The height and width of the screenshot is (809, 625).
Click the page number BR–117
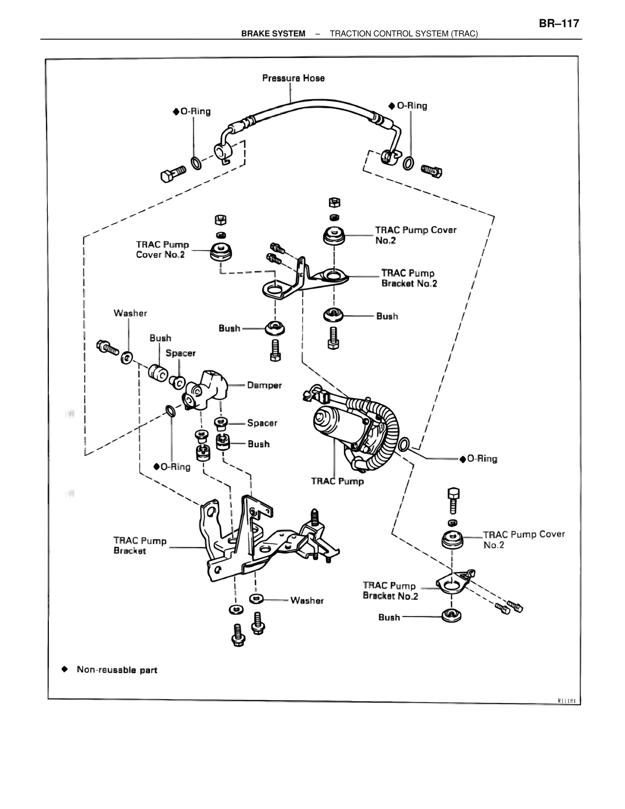point(559,23)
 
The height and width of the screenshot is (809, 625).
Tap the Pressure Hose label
point(293,78)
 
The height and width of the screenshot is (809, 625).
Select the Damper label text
point(264,385)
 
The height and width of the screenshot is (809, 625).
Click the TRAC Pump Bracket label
point(140,546)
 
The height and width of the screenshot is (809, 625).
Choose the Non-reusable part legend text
point(117,670)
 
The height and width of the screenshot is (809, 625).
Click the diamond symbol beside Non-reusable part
point(64,669)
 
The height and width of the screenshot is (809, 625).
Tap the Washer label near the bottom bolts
point(307,600)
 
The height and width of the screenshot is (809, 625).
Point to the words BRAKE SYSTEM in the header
point(273,34)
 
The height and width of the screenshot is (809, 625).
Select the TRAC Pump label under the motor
point(337,481)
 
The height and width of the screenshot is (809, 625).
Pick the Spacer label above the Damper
point(180,353)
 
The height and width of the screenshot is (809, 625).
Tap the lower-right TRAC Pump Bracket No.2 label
point(390,591)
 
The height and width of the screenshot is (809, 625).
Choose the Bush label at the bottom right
point(389,617)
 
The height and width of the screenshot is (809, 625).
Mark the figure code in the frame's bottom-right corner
point(566,701)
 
